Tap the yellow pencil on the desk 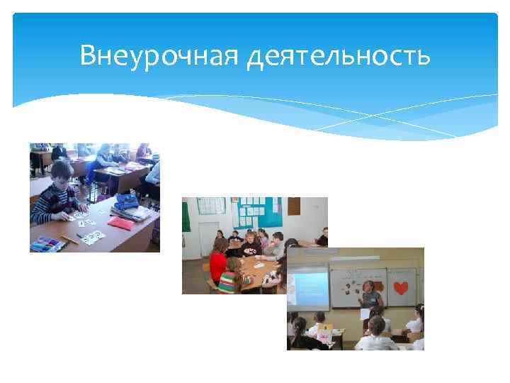click(x=69, y=238)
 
